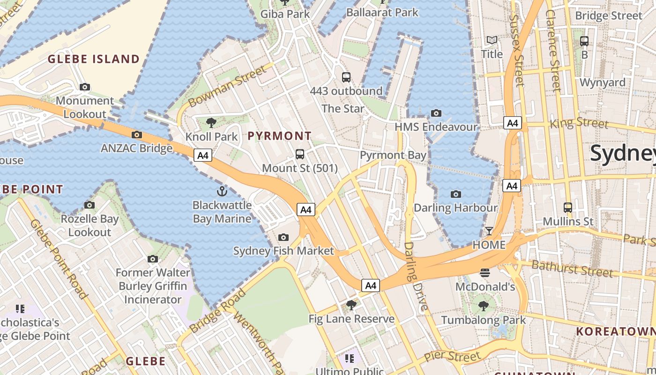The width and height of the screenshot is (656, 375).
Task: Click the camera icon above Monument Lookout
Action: coord(85,87)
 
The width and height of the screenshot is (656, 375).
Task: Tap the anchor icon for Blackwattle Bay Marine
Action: coord(222,191)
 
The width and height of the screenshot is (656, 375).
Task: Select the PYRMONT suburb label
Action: coord(279,136)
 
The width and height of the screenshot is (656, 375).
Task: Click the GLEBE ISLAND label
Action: coord(94,59)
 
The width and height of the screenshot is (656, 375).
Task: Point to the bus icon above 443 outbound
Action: coord(346,77)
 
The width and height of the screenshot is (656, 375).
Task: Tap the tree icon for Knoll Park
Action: coord(211,123)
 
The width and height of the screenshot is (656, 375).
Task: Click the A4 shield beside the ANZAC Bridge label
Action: coord(203,155)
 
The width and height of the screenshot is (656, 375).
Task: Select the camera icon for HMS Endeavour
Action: coord(436,113)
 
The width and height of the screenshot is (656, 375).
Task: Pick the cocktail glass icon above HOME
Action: coord(489,231)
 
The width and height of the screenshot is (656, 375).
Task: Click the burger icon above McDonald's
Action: coord(485,273)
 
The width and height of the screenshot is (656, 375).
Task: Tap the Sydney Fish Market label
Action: coord(283,251)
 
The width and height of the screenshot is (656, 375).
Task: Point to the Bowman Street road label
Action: coord(226,86)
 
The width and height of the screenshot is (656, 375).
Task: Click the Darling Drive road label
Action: coord(416,277)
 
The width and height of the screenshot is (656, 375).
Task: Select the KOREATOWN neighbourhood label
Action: coord(615,331)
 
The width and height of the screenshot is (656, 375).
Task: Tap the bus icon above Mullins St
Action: coord(568,207)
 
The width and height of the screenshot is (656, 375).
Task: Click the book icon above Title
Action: coord(492,40)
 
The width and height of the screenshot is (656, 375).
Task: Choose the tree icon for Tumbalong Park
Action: coord(484,306)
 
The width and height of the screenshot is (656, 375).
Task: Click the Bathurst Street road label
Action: coord(572,269)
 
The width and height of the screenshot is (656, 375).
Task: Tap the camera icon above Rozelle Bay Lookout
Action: coord(89,205)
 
